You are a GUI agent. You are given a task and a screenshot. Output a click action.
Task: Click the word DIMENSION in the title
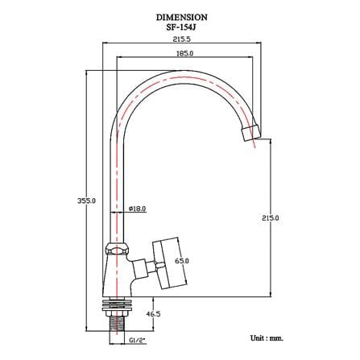[182, 18]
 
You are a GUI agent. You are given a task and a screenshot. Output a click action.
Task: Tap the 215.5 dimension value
[181, 39]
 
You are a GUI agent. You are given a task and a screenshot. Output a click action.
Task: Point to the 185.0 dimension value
[184, 53]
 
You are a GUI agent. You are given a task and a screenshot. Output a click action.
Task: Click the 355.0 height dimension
[86, 201]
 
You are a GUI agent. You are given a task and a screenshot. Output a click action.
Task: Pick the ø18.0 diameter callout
[137, 209]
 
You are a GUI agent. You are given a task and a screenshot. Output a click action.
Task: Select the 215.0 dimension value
[271, 217]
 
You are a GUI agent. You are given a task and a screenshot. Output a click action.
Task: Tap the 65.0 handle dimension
[182, 261]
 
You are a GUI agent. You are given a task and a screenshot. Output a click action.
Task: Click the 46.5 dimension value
[153, 313]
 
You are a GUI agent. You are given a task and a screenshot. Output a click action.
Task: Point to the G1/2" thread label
[137, 340]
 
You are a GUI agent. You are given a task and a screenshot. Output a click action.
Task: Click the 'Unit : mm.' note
[267, 338]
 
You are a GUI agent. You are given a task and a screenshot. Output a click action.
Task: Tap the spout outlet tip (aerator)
[250, 133]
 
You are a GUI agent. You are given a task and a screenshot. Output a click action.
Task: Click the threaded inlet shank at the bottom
[117, 328]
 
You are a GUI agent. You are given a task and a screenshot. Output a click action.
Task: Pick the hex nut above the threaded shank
[117, 313]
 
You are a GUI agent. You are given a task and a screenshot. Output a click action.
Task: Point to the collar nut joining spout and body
[116, 249]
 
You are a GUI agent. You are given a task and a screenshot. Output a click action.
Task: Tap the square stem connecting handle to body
[141, 269]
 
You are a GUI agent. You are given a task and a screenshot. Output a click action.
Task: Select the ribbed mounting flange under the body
[117, 304]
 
